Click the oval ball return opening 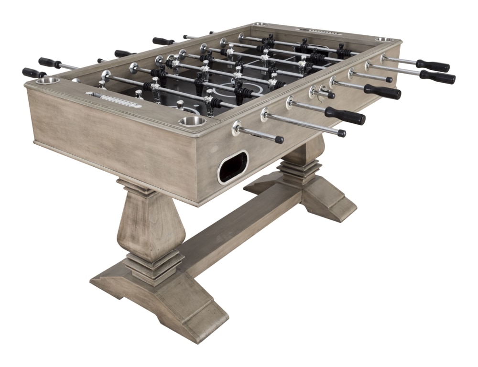point(233,167)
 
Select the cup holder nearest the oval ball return point(192,121)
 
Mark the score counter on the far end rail point(322,32)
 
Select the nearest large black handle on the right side point(345,116)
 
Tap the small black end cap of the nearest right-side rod point(279,140)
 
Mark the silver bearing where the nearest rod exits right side point(237,128)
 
